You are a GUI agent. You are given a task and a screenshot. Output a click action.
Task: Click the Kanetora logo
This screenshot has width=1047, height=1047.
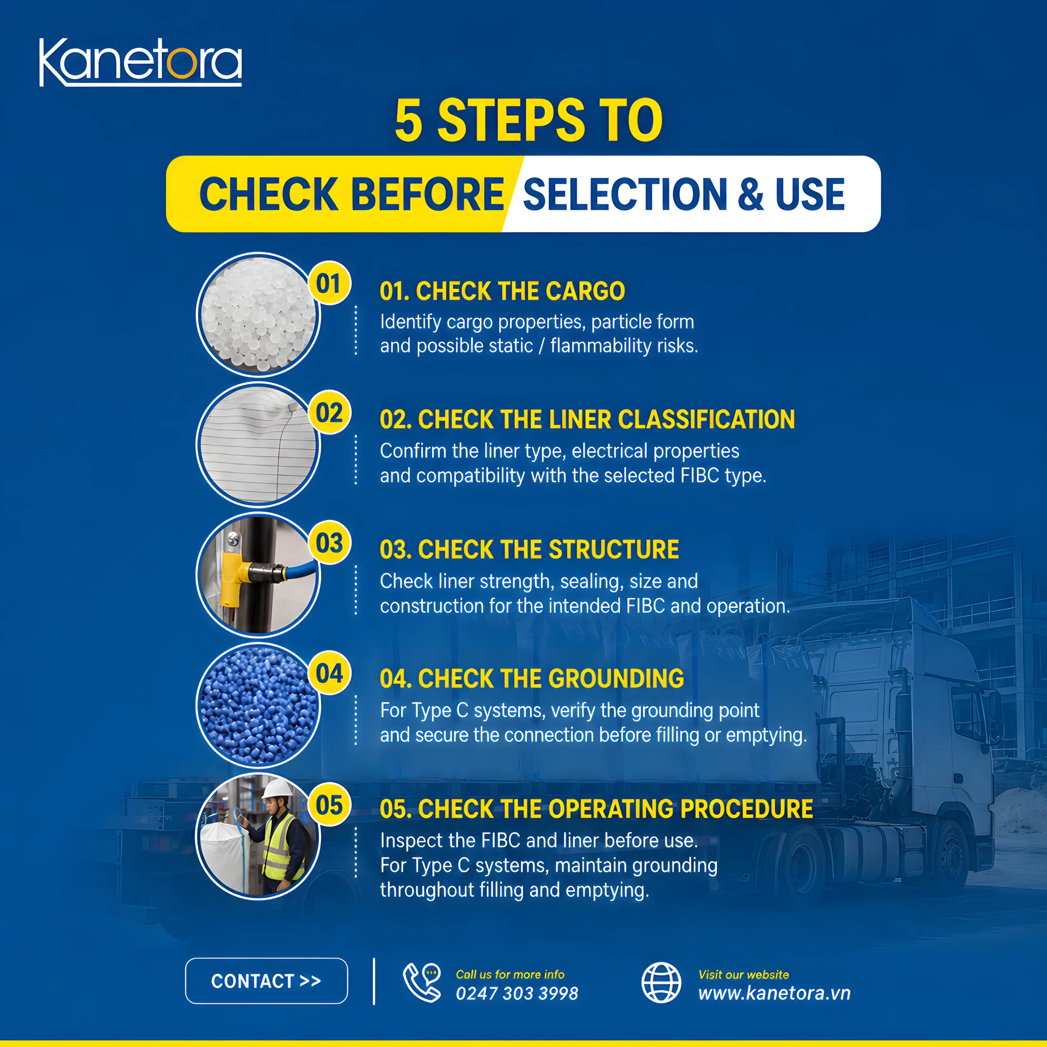click(140, 62)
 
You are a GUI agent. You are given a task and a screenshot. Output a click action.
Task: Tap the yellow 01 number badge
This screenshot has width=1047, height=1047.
click(329, 283)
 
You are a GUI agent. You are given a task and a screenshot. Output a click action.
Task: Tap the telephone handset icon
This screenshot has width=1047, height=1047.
click(422, 983)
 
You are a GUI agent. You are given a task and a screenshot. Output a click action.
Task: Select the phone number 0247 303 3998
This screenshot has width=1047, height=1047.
click(517, 993)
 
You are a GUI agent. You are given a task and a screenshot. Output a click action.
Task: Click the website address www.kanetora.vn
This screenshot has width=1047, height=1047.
click(774, 993)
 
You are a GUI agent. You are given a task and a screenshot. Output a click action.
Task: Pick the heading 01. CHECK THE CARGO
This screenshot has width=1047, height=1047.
click(502, 291)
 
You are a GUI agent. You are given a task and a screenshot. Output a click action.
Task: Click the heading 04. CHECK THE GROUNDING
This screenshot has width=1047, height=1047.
click(531, 678)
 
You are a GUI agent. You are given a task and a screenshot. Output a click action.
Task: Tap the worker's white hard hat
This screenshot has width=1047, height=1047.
click(277, 788)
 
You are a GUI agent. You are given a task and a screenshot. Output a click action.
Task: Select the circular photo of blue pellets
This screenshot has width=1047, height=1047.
click(258, 705)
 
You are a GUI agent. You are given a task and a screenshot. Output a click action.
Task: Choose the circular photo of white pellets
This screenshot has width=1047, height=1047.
click(258, 314)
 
